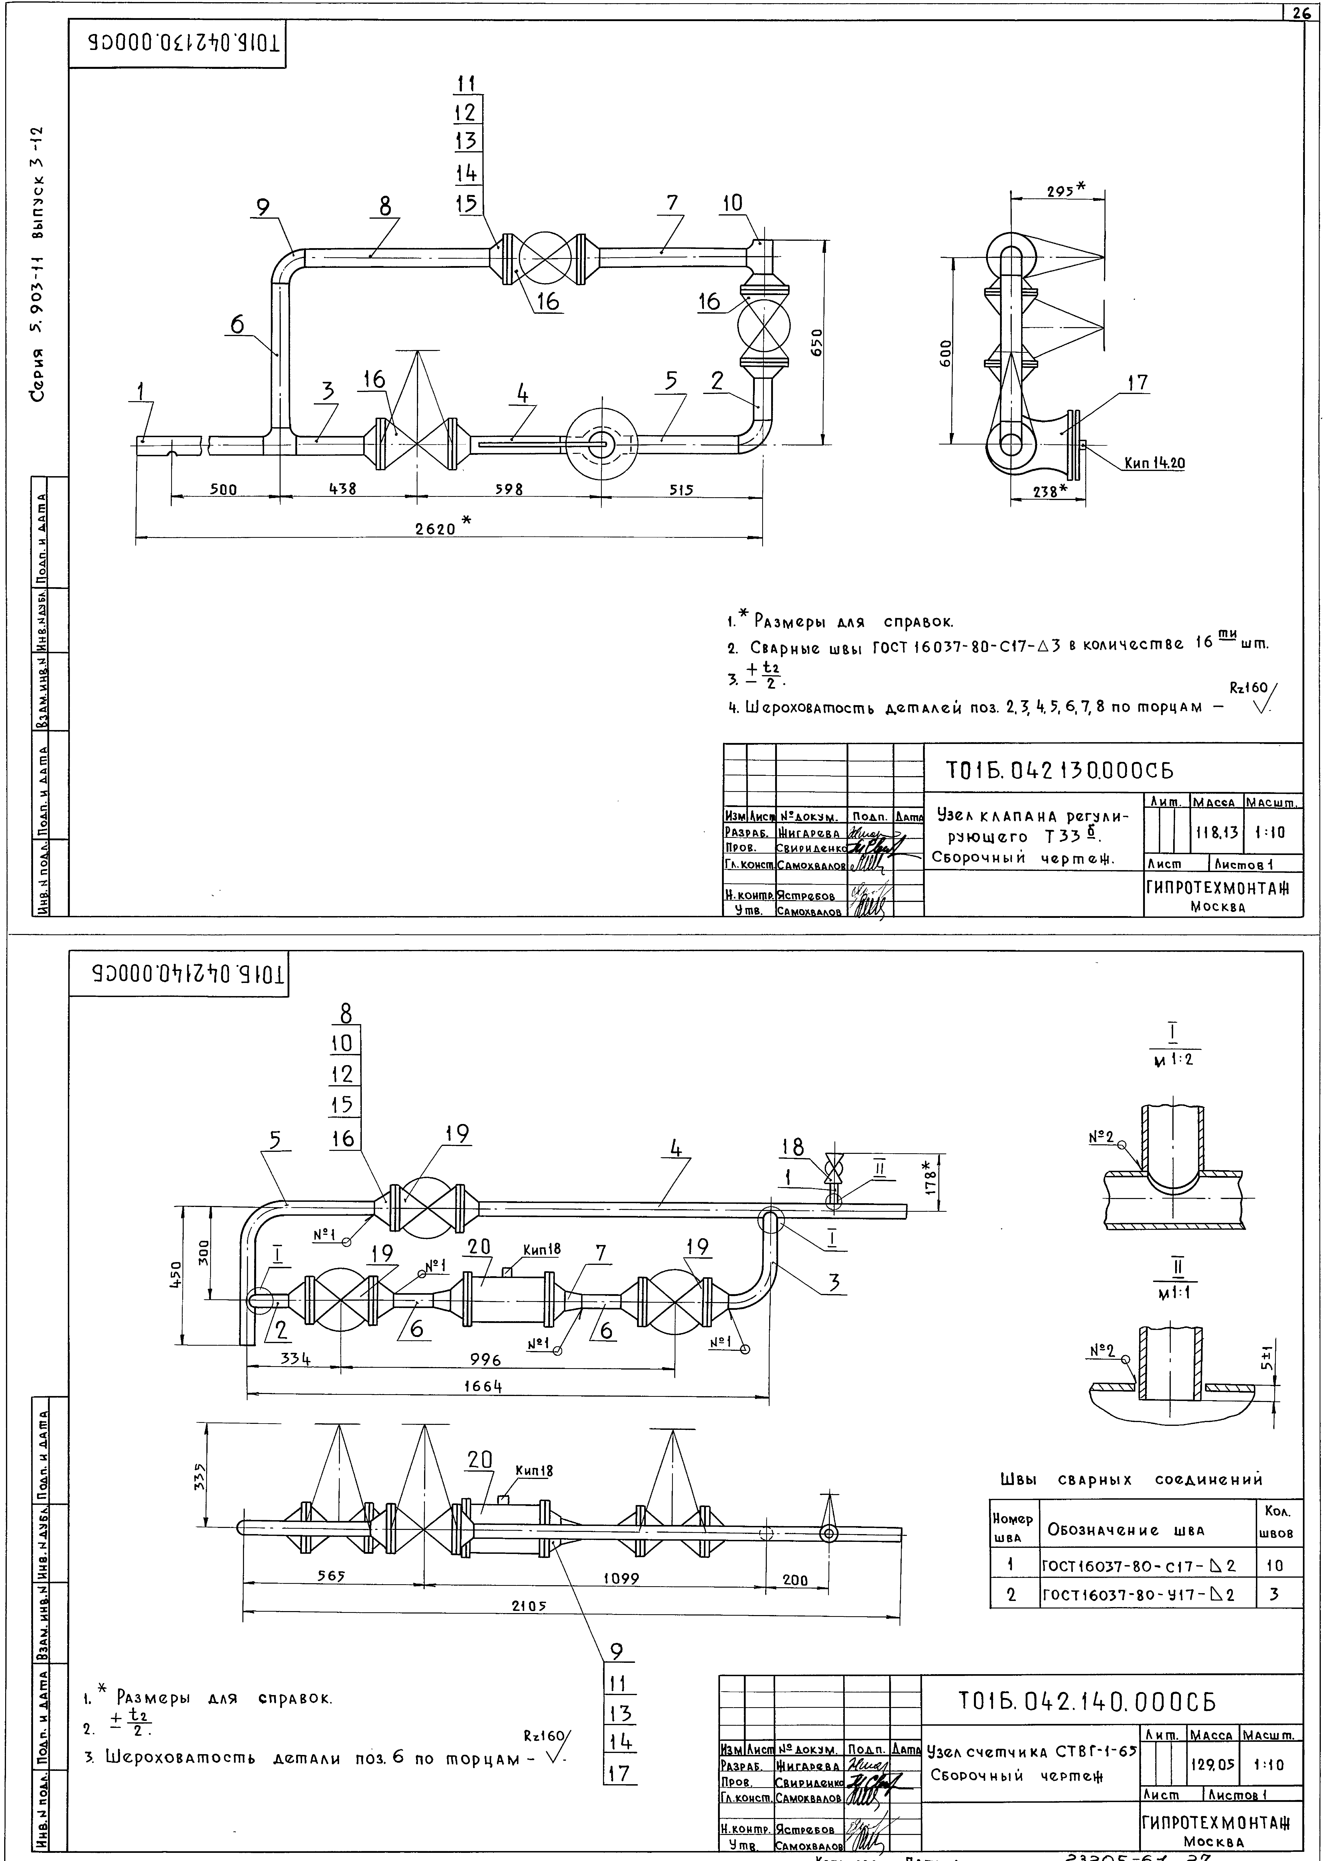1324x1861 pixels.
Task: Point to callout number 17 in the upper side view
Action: [1137, 382]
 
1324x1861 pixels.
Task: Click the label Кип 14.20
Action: [1154, 463]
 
